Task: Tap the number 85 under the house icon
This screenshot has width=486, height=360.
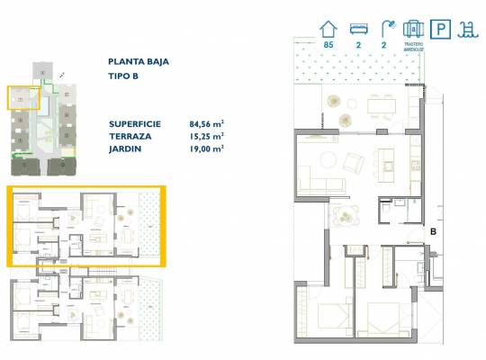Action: point(328,44)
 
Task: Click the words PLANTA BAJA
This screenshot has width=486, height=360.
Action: point(138,62)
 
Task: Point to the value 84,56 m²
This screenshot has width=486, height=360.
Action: point(206,124)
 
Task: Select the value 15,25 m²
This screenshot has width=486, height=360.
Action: point(206,137)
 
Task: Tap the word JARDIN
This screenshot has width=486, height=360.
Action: point(126,149)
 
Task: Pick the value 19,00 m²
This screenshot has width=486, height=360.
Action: point(206,149)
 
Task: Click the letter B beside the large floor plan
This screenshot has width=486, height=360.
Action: point(433,231)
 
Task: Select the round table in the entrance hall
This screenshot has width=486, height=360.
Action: point(345,214)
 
